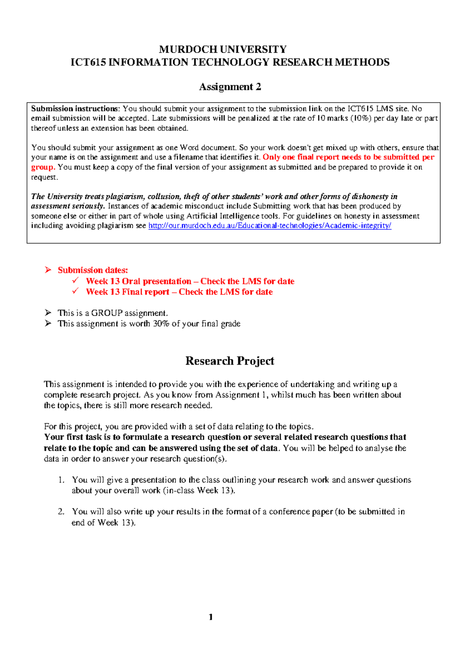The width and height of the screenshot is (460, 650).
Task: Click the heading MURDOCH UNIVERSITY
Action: click(x=223, y=49)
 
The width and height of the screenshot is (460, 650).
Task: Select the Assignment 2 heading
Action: click(x=230, y=87)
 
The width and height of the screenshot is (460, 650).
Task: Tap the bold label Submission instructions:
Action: click(x=76, y=109)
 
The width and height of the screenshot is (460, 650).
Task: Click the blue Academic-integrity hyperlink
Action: click(x=269, y=225)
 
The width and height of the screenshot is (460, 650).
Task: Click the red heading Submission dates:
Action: click(x=93, y=270)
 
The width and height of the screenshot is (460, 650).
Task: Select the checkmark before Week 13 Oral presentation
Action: click(x=76, y=281)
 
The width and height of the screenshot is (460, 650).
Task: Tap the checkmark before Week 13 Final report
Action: click(x=76, y=291)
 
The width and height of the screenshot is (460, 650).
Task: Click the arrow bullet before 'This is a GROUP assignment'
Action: click(x=48, y=312)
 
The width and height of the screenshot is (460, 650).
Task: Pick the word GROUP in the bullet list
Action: click(x=107, y=313)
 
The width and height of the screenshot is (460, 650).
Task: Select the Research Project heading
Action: click(x=230, y=361)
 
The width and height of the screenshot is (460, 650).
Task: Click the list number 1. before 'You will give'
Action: click(x=61, y=480)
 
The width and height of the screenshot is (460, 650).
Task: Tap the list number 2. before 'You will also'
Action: click(x=61, y=512)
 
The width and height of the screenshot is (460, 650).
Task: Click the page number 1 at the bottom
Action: click(x=210, y=617)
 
